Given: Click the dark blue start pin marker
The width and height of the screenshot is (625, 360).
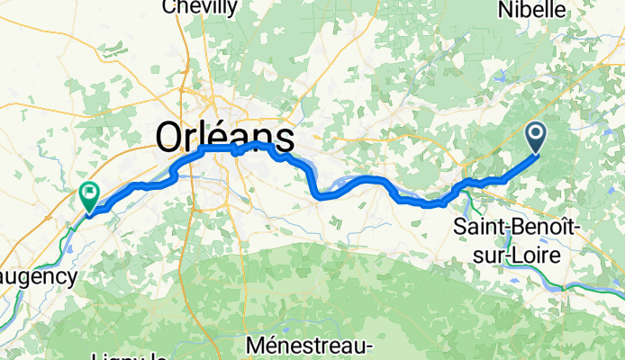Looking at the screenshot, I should click(536, 137).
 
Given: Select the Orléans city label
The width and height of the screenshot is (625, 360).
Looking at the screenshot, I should click(225, 138).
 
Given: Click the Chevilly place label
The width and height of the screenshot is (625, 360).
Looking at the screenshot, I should click(200, 8).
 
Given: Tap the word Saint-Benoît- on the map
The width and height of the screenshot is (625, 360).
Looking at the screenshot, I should click(516, 226).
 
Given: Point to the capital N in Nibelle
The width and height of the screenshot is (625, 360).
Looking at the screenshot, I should click(503, 10).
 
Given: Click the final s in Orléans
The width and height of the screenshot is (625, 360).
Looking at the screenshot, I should click(285, 139).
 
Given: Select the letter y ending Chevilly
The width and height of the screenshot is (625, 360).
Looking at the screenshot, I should click(232, 10).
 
